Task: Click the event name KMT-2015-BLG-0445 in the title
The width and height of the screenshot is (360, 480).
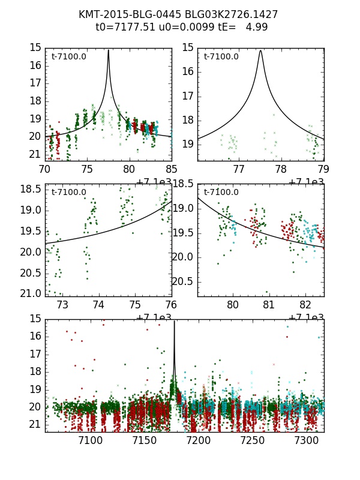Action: coord(122,14)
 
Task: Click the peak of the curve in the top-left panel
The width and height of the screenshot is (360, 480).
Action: coord(109,50)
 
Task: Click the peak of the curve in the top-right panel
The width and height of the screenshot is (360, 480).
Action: coord(260,50)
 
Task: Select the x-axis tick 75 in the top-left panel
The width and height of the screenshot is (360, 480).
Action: coord(87,169)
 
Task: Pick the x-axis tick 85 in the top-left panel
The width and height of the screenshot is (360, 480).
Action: coord(171,169)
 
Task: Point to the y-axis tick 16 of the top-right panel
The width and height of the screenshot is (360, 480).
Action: coord(188,71)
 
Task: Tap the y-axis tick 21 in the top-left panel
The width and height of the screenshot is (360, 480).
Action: coord(35,154)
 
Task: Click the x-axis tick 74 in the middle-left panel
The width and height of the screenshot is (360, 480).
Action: coord(98,305)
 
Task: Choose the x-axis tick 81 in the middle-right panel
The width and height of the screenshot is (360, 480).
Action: coord(269,305)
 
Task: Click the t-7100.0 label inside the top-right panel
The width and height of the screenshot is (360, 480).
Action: coord(221,57)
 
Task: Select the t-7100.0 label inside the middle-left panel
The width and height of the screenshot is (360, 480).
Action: coord(69,193)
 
